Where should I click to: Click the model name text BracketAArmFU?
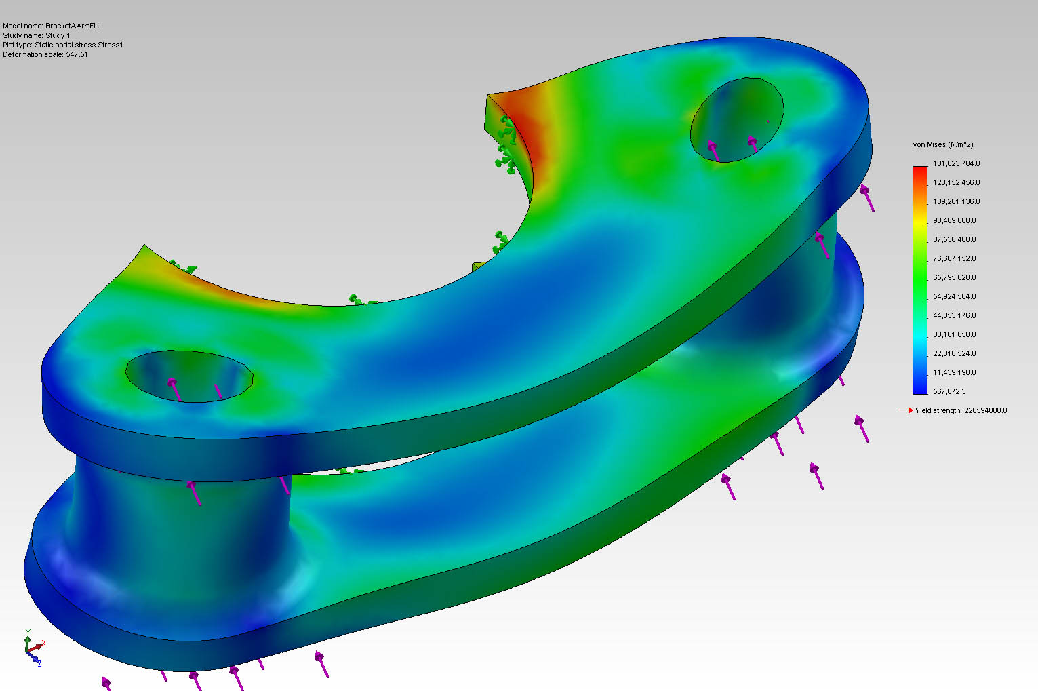coord(72,26)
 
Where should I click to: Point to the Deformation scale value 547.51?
coord(77,54)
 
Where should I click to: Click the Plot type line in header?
coord(63,45)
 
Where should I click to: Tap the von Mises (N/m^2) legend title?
coord(942,144)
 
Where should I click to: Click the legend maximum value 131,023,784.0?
coord(956,163)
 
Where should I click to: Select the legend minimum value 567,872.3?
coord(949,391)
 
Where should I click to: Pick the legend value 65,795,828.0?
coord(956,277)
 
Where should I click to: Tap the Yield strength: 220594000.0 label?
coord(961,410)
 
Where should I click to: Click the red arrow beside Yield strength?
coord(906,410)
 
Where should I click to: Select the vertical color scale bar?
coord(920,279)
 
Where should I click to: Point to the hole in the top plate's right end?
coord(737,120)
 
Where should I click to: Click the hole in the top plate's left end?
coord(189,376)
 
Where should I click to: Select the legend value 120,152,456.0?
coord(956,182)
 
